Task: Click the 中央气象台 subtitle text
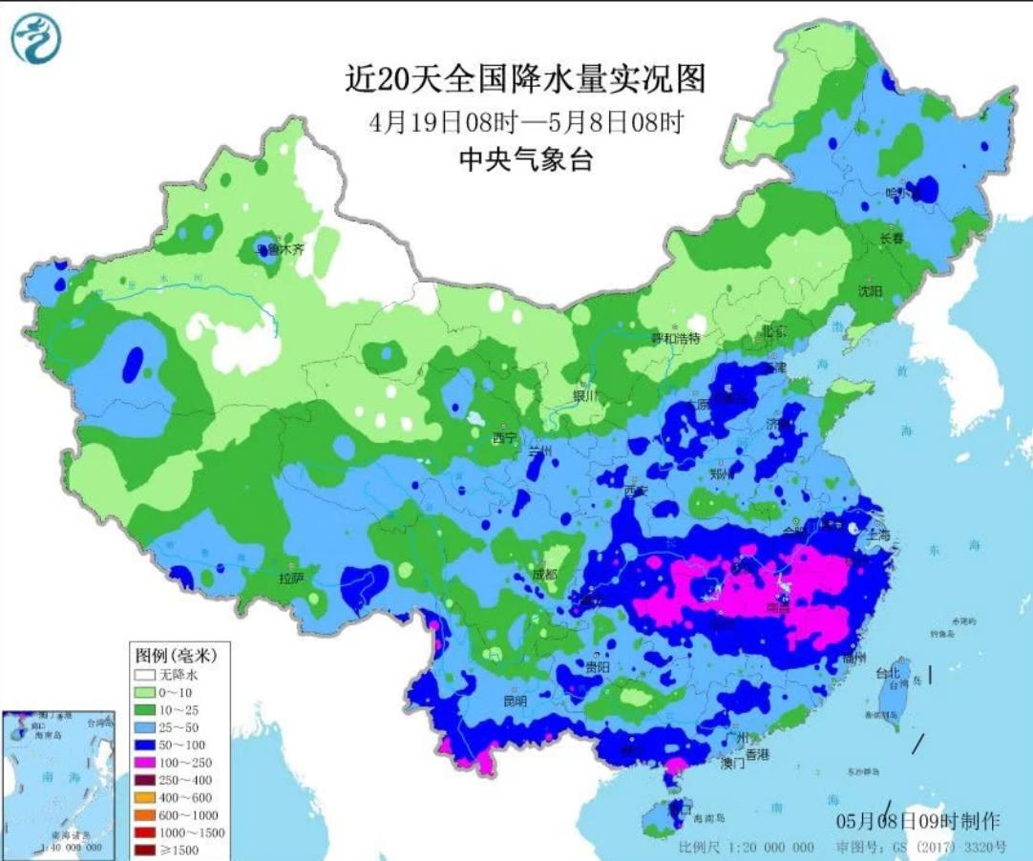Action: [x=525, y=160]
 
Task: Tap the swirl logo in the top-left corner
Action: [x=35, y=38]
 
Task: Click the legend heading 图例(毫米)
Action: [x=173, y=656]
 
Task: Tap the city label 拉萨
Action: [x=291, y=579]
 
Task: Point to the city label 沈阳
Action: [x=870, y=290]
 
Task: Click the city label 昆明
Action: [x=515, y=701]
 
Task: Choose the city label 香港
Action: [x=757, y=754]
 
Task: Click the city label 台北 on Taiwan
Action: [x=888, y=673]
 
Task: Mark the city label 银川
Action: [x=583, y=395]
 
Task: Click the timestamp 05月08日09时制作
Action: [x=917, y=821]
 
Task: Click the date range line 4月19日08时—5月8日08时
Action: [x=526, y=122]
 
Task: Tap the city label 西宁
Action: [x=504, y=438]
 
